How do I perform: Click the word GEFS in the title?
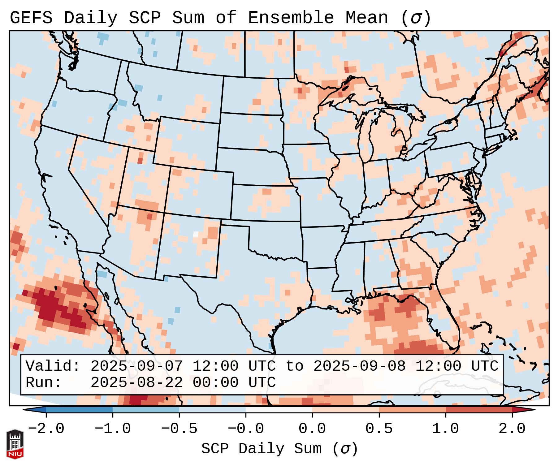(31, 18)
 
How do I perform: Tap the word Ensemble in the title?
(291, 18)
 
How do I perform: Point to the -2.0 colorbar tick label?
(46, 429)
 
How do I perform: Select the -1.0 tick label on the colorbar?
(113, 429)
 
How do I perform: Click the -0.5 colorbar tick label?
(179, 429)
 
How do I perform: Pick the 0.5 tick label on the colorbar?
(379, 429)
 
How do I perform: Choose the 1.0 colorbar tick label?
(445, 429)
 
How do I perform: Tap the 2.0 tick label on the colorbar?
(512, 429)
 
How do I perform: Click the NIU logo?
(15, 444)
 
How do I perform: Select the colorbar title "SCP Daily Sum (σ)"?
(279, 449)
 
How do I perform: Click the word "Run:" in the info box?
(44, 382)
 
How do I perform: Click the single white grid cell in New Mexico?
(196, 234)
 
